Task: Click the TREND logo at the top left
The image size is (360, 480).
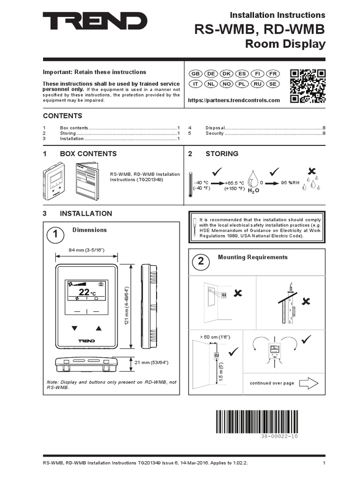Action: click(95, 22)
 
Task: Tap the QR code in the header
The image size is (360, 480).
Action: click(307, 86)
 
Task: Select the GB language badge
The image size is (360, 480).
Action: click(195, 74)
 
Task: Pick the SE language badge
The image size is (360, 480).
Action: click(273, 83)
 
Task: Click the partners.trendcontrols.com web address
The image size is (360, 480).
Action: click(233, 100)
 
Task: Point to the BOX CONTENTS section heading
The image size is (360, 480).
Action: click(88, 154)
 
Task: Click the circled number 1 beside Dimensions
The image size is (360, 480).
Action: click(55, 235)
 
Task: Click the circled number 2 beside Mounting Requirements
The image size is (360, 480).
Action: click(201, 263)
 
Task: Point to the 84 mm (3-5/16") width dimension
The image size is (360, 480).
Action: click(86, 250)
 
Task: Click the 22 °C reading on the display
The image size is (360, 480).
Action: click(86, 292)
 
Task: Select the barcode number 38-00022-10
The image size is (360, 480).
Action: click(279, 436)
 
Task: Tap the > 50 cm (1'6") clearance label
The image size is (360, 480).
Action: click(215, 337)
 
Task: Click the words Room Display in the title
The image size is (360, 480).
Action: click(285, 44)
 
